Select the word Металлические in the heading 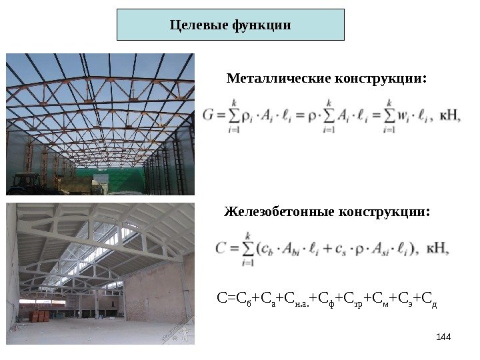tap(275, 79)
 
